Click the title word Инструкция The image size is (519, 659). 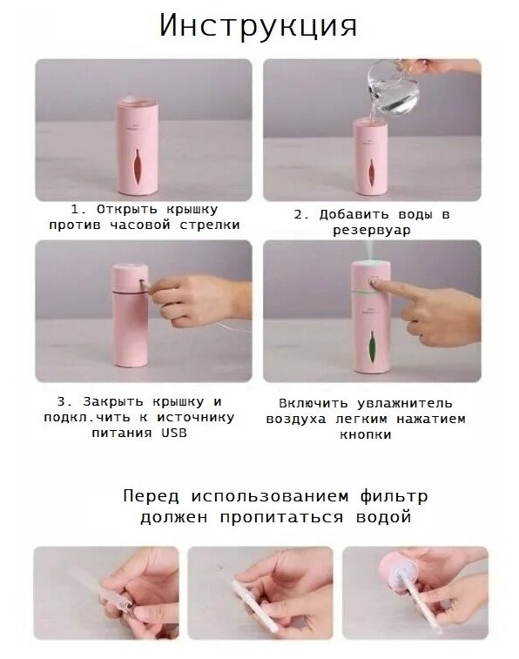pos(258,26)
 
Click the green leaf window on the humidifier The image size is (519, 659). pos(372,346)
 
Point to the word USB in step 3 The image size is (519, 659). pos(174,433)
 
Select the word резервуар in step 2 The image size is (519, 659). pos(372,231)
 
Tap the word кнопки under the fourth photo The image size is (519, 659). pos(365,434)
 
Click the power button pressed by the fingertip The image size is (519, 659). pos(374,280)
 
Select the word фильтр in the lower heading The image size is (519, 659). pos(394,496)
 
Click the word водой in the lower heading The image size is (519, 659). pos(383,516)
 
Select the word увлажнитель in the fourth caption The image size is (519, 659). pos(405,403)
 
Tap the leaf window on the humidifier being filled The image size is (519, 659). pos(372,173)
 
